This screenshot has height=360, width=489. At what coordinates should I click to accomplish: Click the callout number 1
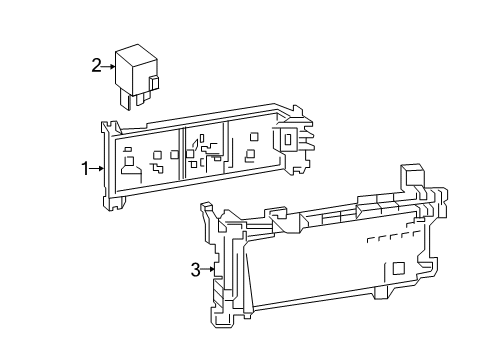pos(85,169)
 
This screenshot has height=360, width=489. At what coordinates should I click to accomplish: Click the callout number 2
pos(96,65)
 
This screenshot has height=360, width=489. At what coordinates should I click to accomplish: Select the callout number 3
pos(195,269)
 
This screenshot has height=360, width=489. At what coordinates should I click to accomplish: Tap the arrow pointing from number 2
pos(108,67)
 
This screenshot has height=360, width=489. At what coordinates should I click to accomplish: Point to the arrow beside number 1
pos(97,169)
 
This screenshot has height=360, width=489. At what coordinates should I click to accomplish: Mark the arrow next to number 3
pos(207,269)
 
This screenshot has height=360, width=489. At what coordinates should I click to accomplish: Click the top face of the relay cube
pos(136,56)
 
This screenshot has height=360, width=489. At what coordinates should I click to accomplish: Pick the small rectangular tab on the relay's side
pos(154,83)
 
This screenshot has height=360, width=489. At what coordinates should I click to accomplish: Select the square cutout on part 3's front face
pos(399,268)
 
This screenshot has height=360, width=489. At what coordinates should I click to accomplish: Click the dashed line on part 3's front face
pos(392,236)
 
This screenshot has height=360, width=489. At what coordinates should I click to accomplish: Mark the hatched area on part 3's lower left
pos(219,293)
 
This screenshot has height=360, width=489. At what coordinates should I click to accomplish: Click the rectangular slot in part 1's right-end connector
pos(288,139)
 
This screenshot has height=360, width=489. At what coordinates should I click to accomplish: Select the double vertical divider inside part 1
pos(182,153)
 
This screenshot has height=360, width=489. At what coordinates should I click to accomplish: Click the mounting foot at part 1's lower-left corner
pos(114,202)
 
